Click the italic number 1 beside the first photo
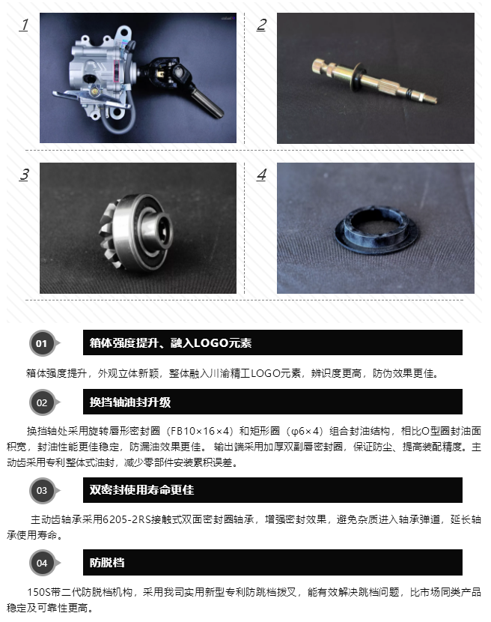[x=24, y=25]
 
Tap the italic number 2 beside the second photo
[x=261, y=25]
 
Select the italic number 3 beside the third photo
[x=24, y=175]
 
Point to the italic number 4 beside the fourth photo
[x=261, y=175]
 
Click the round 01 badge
[x=42, y=343]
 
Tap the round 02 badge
[x=42, y=402]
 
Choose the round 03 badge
[x=42, y=490]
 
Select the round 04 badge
[x=42, y=563]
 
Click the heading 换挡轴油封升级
[x=130, y=402]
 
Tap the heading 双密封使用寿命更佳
[x=141, y=490]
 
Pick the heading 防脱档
[x=107, y=563]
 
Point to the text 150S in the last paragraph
[x=39, y=592]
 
